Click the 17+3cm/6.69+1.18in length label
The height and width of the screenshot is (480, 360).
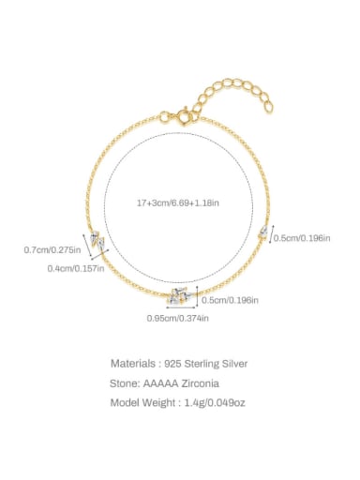pyautogui.click(x=179, y=202)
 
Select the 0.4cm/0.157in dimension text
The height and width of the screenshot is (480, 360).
pyautogui.click(x=76, y=269)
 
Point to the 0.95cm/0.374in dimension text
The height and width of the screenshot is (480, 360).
pyautogui.click(x=178, y=319)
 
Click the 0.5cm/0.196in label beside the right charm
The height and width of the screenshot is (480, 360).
pyautogui.click(x=302, y=238)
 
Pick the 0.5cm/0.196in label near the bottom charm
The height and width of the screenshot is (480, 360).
pyautogui.click(x=231, y=300)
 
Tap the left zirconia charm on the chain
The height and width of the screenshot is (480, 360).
pyautogui.click(x=97, y=243)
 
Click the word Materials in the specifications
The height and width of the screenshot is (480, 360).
pyautogui.click(x=135, y=363)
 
